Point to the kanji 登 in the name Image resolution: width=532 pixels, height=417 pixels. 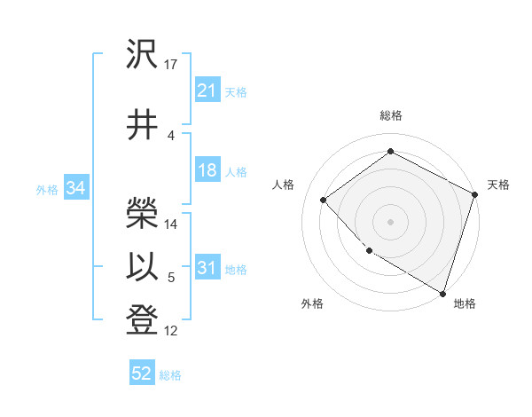click(x=144, y=319)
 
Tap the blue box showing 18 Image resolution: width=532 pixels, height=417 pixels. click(x=207, y=171)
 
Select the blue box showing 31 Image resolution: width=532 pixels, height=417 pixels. click(x=207, y=269)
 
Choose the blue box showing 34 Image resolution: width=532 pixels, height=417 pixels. click(x=75, y=188)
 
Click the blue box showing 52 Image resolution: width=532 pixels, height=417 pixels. click(x=142, y=374)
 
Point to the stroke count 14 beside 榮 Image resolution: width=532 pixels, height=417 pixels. click(x=171, y=224)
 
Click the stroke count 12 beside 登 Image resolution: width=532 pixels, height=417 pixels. click(x=171, y=331)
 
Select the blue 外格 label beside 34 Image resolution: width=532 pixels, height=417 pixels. click(x=47, y=189)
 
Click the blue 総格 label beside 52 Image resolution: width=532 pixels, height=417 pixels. click(x=170, y=375)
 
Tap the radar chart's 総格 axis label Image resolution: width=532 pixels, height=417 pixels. click(x=390, y=116)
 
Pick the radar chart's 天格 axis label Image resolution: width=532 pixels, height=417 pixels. click(x=498, y=185)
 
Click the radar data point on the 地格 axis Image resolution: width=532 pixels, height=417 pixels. click(x=442, y=293)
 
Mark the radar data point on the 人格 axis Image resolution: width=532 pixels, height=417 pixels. click(x=324, y=200)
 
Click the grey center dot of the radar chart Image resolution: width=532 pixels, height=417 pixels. click(x=390, y=221)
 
